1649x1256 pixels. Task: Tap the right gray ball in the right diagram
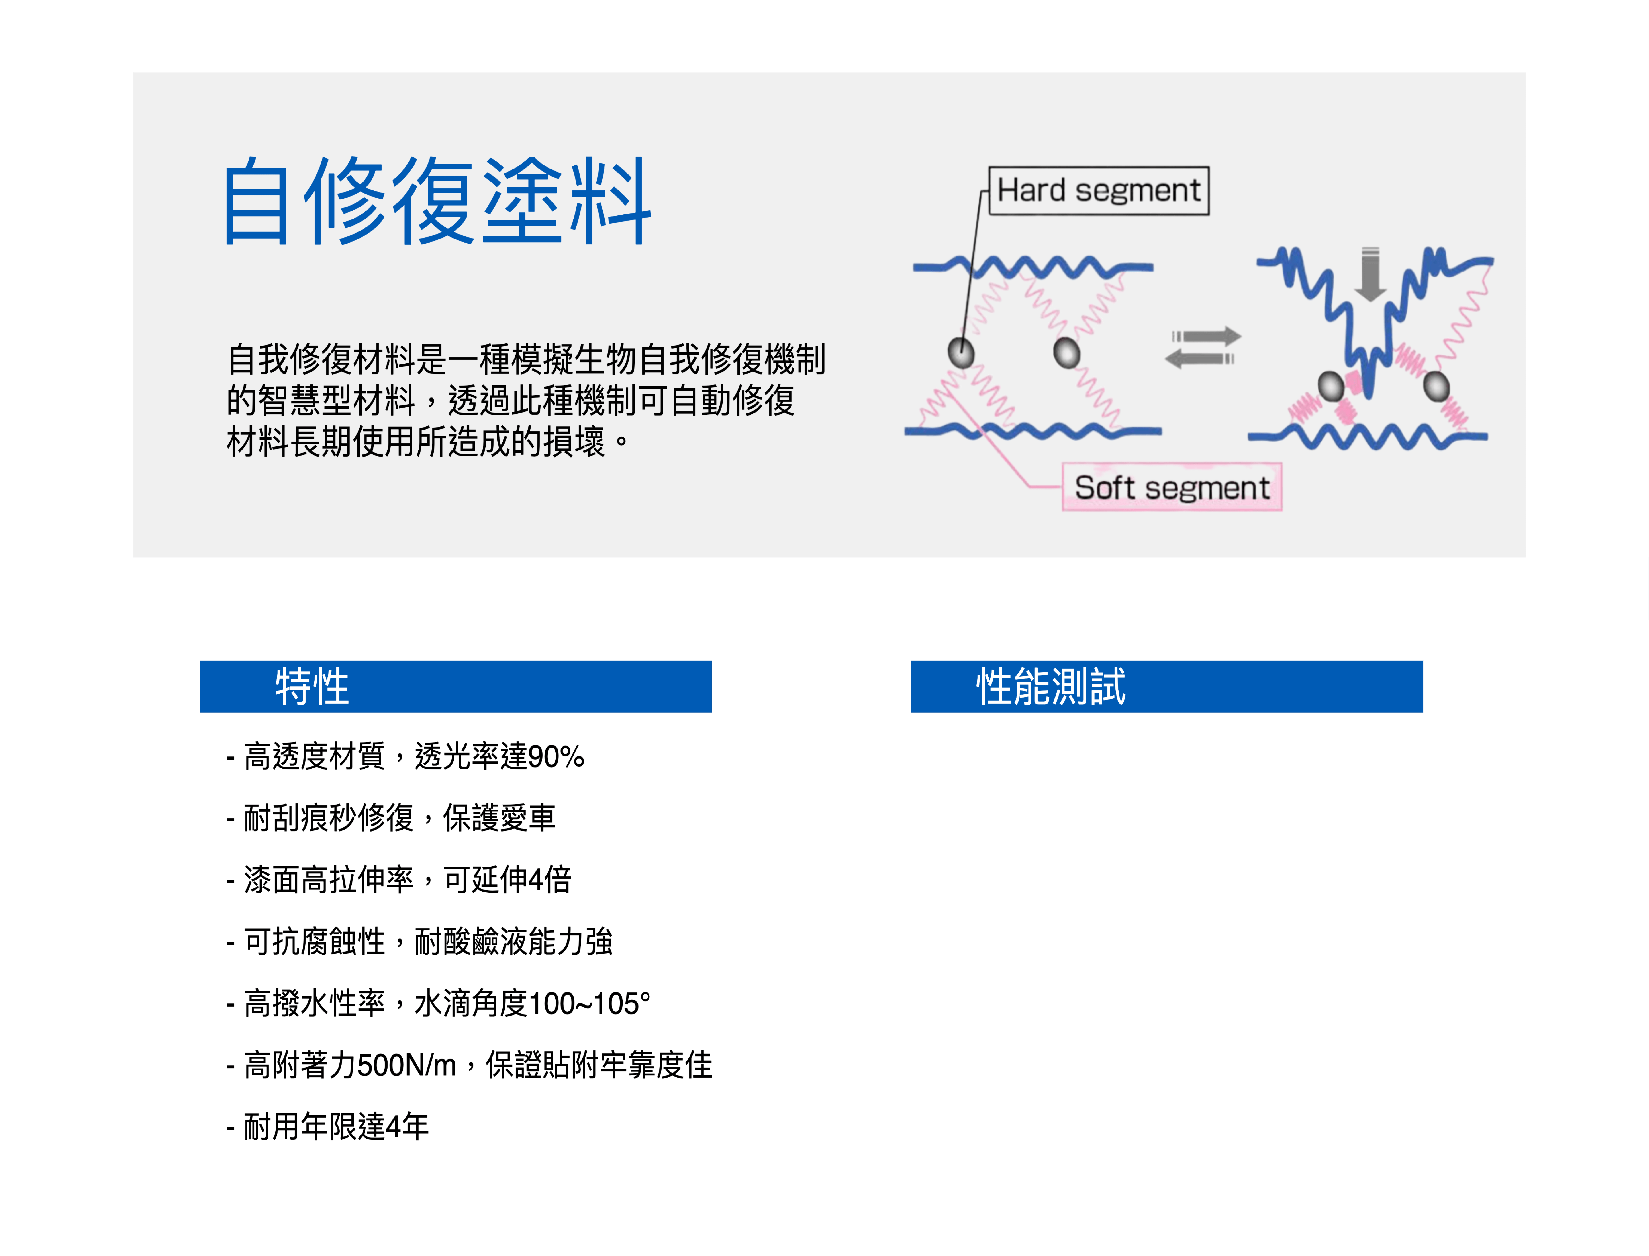[x=1436, y=387]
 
